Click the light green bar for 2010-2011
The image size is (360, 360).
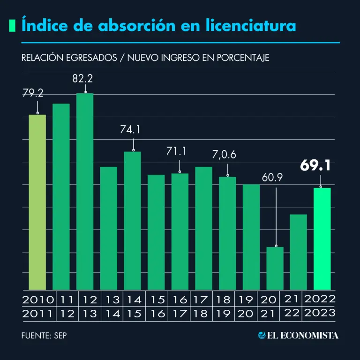[37, 202]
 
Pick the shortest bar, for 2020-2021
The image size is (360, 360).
[275, 268]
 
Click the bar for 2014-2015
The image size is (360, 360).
[132, 220]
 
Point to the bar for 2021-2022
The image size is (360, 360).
[298, 252]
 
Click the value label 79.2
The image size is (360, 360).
[33, 93]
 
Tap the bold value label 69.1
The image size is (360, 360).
[315, 165]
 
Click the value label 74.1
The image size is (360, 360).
[130, 130]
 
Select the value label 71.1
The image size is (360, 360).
[176, 151]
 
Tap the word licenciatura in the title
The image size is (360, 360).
[250, 25]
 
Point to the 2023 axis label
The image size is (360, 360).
[320, 313]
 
